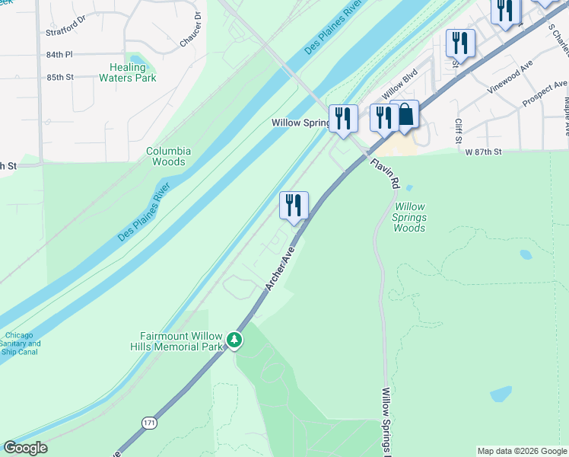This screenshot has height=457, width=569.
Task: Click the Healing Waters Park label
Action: [128, 72]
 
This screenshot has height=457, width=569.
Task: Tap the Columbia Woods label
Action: [168, 156]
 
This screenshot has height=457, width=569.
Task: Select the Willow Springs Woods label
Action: [409, 217]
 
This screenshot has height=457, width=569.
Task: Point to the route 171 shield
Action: [148, 422]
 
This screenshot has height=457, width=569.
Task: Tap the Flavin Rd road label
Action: [385, 174]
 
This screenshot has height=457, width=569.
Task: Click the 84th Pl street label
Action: [59, 55]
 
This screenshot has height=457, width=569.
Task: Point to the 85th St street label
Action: [59, 77]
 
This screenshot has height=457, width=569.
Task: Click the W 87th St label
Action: [484, 152]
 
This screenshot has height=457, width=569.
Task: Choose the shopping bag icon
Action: [405, 115]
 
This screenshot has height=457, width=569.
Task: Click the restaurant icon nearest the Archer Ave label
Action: [294, 206]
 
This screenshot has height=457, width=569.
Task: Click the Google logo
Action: [25, 448]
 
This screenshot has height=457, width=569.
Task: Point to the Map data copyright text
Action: [521, 451]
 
